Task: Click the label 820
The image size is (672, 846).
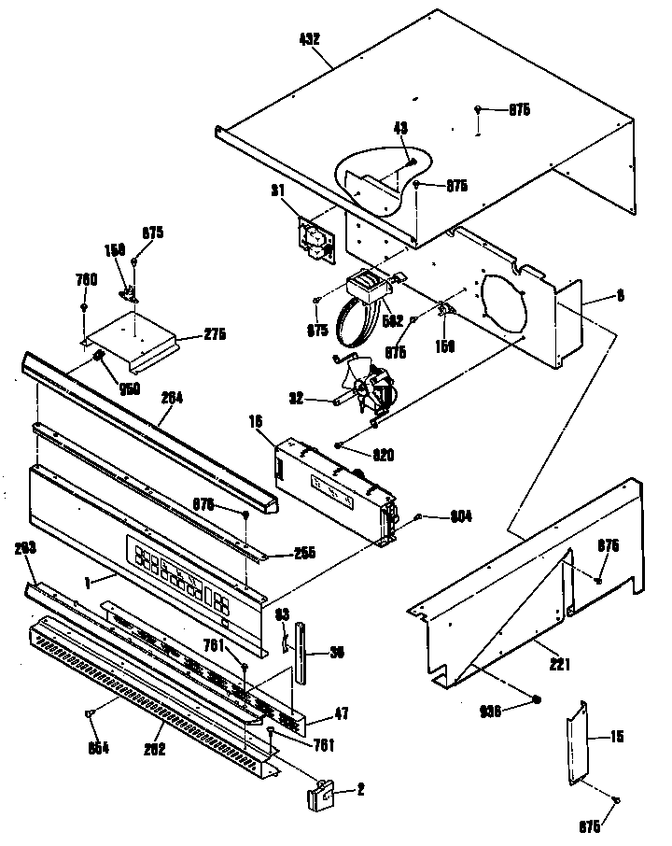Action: pyautogui.click(x=384, y=455)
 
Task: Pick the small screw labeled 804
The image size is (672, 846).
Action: pyautogui.click(x=419, y=516)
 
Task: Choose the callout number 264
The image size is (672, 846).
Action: pyautogui.click(x=171, y=396)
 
